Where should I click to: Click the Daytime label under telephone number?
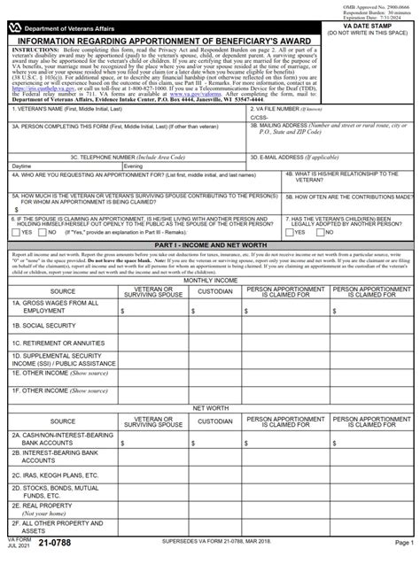pyautogui.click(x=22, y=166)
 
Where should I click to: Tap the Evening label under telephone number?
pyautogui.click(x=134, y=166)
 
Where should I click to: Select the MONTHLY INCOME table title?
pyautogui.click(x=209, y=280)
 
